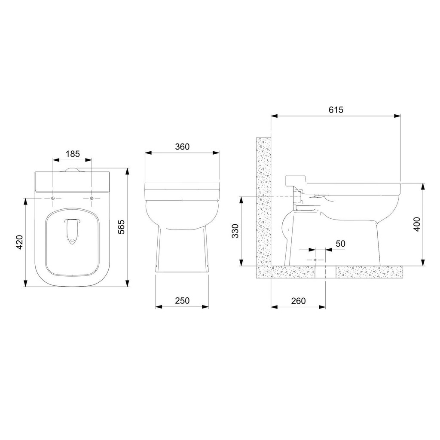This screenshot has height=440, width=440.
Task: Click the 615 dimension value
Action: point(336,110)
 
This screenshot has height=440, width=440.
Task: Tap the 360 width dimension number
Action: point(182,147)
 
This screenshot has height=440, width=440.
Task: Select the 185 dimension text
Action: point(73,154)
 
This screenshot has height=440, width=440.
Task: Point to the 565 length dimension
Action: point(121,227)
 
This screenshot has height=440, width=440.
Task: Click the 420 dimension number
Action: point(19,242)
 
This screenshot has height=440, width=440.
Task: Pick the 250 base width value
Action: point(182,300)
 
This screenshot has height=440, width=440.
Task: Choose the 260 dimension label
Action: point(298,301)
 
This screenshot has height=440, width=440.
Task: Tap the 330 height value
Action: point(235,231)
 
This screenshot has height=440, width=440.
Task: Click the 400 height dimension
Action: point(417,224)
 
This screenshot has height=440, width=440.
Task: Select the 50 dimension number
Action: point(340,244)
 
